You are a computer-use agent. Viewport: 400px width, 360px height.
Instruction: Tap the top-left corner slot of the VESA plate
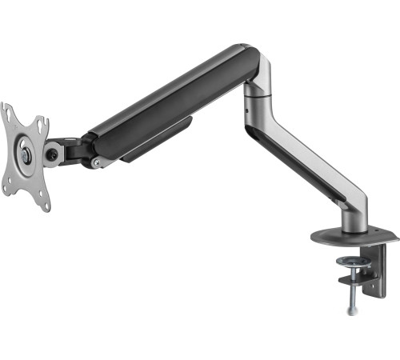coord(7,112)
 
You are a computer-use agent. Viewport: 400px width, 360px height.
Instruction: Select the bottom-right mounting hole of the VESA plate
coord(46,203)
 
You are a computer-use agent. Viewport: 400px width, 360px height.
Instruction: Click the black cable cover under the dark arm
coord(156,140)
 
